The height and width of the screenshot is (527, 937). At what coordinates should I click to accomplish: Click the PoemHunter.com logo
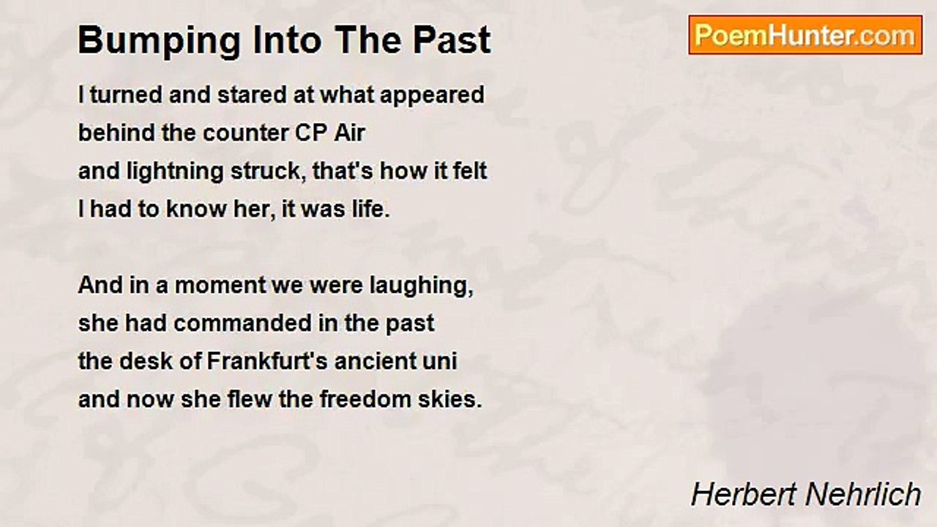pyautogui.click(x=805, y=35)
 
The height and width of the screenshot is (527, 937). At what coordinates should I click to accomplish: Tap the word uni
pyautogui.click(x=444, y=362)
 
